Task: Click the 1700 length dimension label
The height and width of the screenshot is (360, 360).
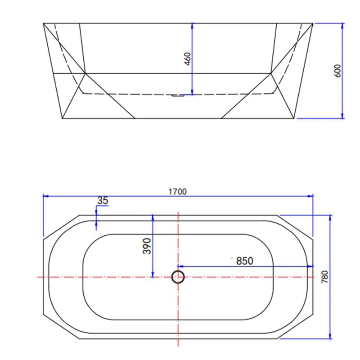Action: click(177, 191)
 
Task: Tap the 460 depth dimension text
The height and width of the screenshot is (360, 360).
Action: click(188, 59)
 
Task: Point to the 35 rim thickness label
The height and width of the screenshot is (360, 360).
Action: click(103, 201)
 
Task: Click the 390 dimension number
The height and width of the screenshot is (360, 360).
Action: click(147, 246)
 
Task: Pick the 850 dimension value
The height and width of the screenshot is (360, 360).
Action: click(245, 261)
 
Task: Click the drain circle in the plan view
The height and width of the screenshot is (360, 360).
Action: click(178, 277)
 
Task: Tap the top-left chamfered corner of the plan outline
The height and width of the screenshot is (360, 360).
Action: click(61, 226)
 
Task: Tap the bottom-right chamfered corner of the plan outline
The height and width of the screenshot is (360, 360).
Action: click(295, 328)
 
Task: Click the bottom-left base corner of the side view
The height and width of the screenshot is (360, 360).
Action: click(62, 119)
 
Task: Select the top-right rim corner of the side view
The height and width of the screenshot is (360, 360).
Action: click(313, 23)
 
